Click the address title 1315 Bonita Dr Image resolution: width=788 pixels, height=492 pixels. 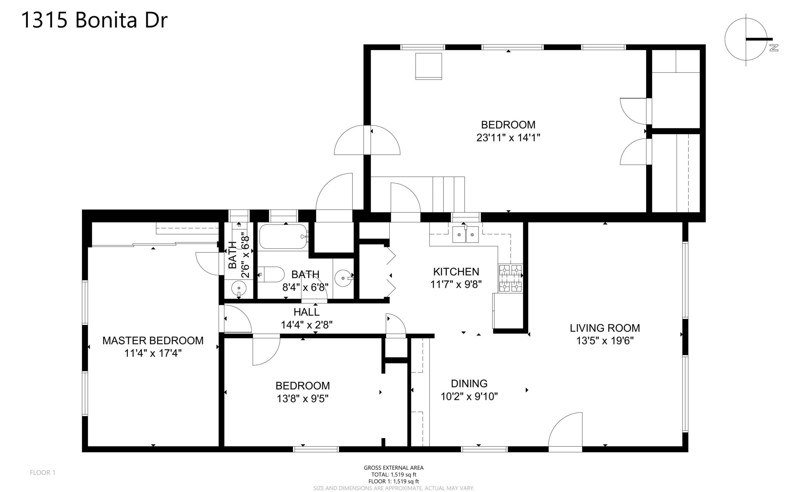click(94, 20)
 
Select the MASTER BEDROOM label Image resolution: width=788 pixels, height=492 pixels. click(153, 341)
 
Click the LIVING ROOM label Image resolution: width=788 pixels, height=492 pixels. click(605, 328)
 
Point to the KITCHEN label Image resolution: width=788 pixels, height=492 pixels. click(456, 272)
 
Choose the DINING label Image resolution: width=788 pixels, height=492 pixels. click(469, 384)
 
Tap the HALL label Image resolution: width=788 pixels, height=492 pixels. click(307, 312)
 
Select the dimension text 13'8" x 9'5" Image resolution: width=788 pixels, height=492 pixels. click(303, 399)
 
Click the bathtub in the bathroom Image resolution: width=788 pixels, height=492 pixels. click(283, 237)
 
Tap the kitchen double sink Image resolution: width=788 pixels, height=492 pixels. click(465, 234)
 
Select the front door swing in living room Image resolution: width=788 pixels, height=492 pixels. click(565, 432)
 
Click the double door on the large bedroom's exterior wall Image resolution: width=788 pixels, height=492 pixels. click(367, 140)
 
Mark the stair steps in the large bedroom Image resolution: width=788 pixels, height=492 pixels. click(448, 194)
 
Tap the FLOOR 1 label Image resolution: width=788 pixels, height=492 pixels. click(43, 473)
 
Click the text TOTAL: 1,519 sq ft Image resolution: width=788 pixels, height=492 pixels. click(394, 474)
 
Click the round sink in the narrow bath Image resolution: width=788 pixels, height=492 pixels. click(239, 288)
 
